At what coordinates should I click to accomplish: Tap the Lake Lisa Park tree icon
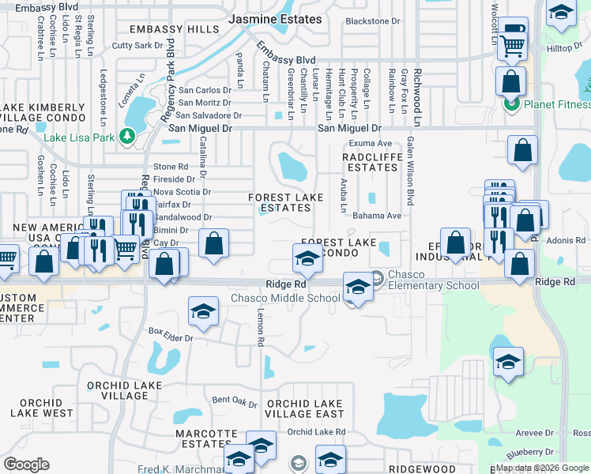[x=127, y=137]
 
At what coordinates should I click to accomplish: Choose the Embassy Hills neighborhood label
[x=165, y=29]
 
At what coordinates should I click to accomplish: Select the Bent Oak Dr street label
[x=235, y=401]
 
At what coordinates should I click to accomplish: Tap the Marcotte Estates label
[x=206, y=440]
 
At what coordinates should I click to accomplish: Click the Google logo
[x=26, y=465]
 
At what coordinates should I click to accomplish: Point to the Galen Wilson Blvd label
[x=410, y=171]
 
